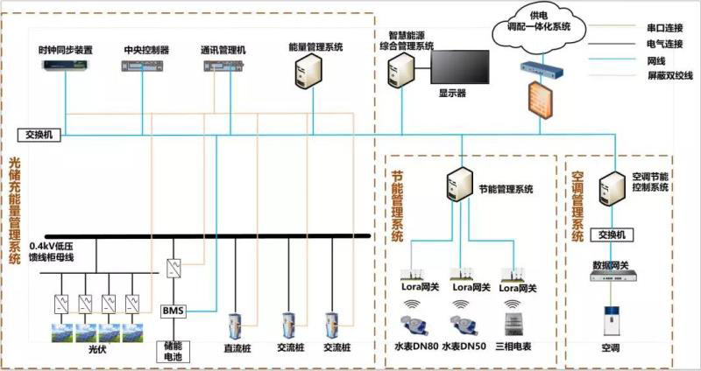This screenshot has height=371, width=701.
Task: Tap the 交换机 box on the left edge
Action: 39,135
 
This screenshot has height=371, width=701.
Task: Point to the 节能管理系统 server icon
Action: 457,185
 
